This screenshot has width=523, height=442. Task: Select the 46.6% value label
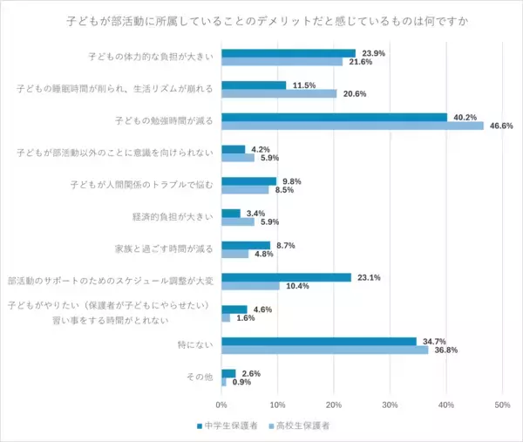(499, 126)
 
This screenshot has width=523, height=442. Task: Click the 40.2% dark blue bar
(334, 117)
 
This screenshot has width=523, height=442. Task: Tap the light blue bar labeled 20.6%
(279, 93)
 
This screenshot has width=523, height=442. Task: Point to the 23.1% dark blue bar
(286, 277)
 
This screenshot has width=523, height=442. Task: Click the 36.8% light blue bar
(324, 350)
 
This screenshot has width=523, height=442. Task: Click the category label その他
(200, 377)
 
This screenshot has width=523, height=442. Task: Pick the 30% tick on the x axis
(390, 405)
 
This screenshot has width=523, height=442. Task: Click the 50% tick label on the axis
(502, 405)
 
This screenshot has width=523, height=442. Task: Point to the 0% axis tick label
(221, 405)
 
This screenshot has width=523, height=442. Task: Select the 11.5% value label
(302, 85)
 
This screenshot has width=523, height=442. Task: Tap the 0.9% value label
(241, 382)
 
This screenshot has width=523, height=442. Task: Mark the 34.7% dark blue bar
(318, 341)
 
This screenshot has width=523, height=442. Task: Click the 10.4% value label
(295, 286)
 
